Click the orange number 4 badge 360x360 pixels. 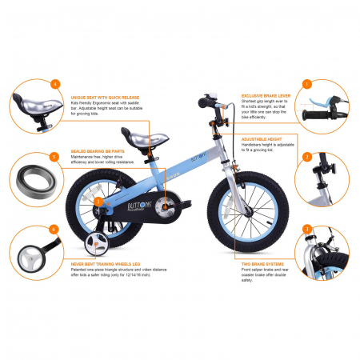tap(54, 83)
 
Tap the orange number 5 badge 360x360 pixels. tap(54, 158)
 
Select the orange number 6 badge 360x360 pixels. tap(54, 229)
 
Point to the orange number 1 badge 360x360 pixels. tap(306, 83)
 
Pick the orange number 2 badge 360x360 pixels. tap(306, 156)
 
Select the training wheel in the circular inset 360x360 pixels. tap(34, 255)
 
